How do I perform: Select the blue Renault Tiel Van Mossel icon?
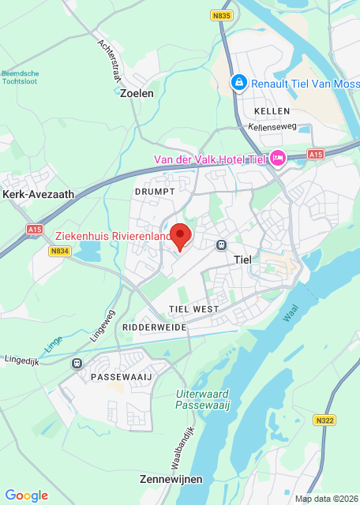(238, 82)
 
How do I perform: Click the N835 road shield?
(223, 15)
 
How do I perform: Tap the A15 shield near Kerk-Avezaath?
(34, 229)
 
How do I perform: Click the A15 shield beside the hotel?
(316, 154)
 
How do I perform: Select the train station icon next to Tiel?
(222, 245)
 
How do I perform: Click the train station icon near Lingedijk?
(77, 363)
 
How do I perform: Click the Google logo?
(26, 495)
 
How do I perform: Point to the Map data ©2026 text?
(324, 499)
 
